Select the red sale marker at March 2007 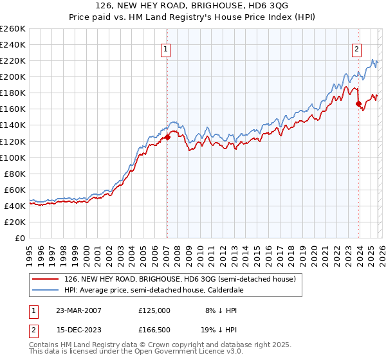[167, 137]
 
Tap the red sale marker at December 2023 [358, 104]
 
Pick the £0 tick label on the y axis [21, 238]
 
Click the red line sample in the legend [46, 280]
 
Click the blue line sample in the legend [46, 291]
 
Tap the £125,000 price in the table [154, 310]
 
